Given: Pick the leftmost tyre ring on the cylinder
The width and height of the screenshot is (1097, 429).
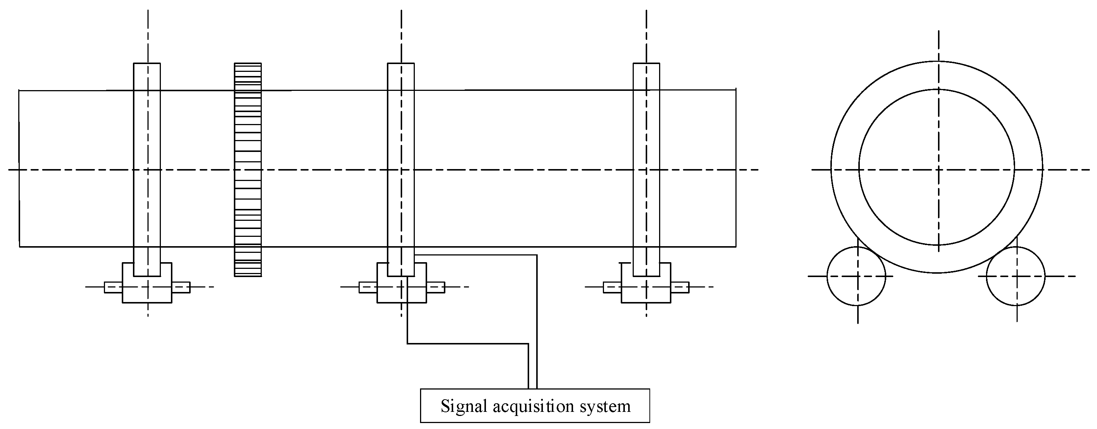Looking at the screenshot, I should click(147, 128).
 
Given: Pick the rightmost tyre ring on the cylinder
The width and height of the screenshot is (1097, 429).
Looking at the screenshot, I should click(646, 128).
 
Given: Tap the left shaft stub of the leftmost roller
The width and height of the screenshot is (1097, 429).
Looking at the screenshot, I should click(113, 287).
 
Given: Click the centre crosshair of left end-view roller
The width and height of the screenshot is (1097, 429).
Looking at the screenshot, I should click(858, 276).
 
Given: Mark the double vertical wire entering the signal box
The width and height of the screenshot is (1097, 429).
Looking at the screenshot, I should click(532, 366).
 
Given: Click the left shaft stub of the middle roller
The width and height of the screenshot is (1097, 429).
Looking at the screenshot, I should click(368, 287).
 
